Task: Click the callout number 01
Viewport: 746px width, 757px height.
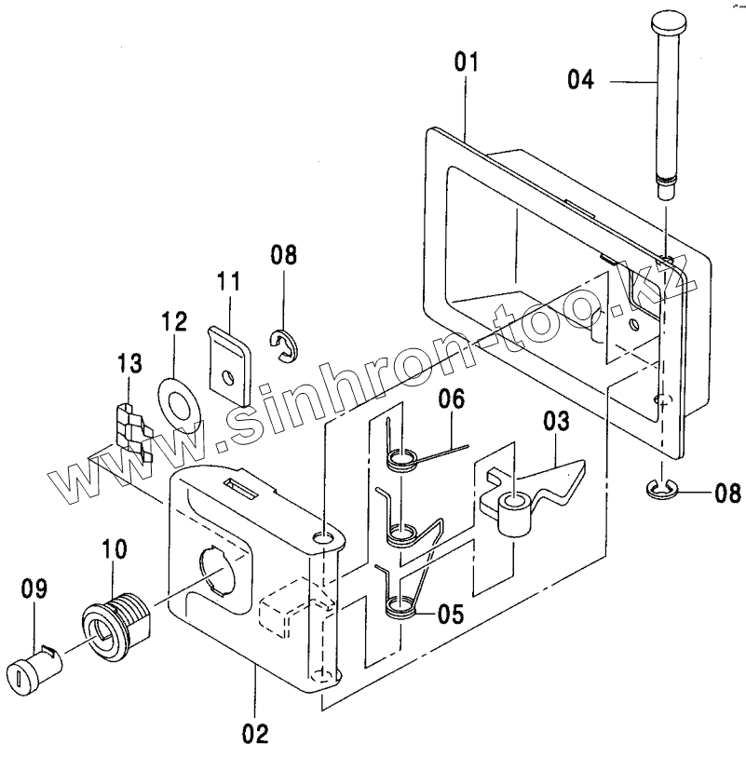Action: click(466, 63)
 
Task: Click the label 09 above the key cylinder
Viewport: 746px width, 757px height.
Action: click(35, 588)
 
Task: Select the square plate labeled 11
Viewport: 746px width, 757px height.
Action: click(228, 359)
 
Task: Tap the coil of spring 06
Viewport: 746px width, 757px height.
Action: click(402, 459)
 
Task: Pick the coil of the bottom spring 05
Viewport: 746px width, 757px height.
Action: click(402, 607)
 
